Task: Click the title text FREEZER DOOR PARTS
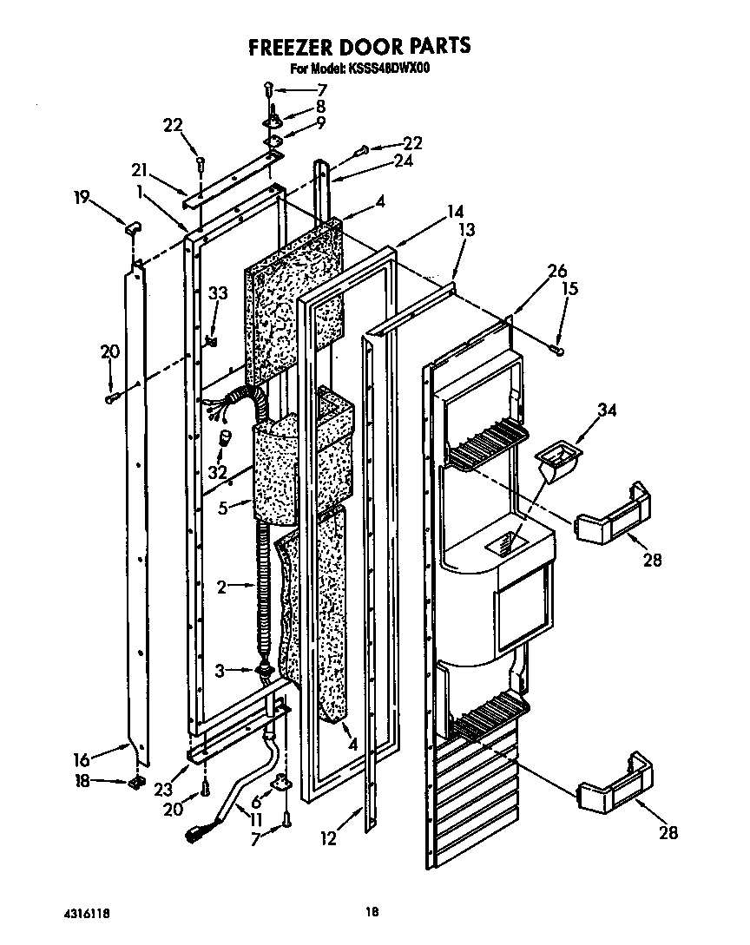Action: [x=359, y=46]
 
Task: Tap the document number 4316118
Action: [x=87, y=913]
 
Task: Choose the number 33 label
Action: [x=218, y=294]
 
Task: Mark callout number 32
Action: [x=217, y=472]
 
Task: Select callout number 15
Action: [x=569, y=288]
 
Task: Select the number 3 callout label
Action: [x=221, y=670]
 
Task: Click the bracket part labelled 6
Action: [x=280, y=784]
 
